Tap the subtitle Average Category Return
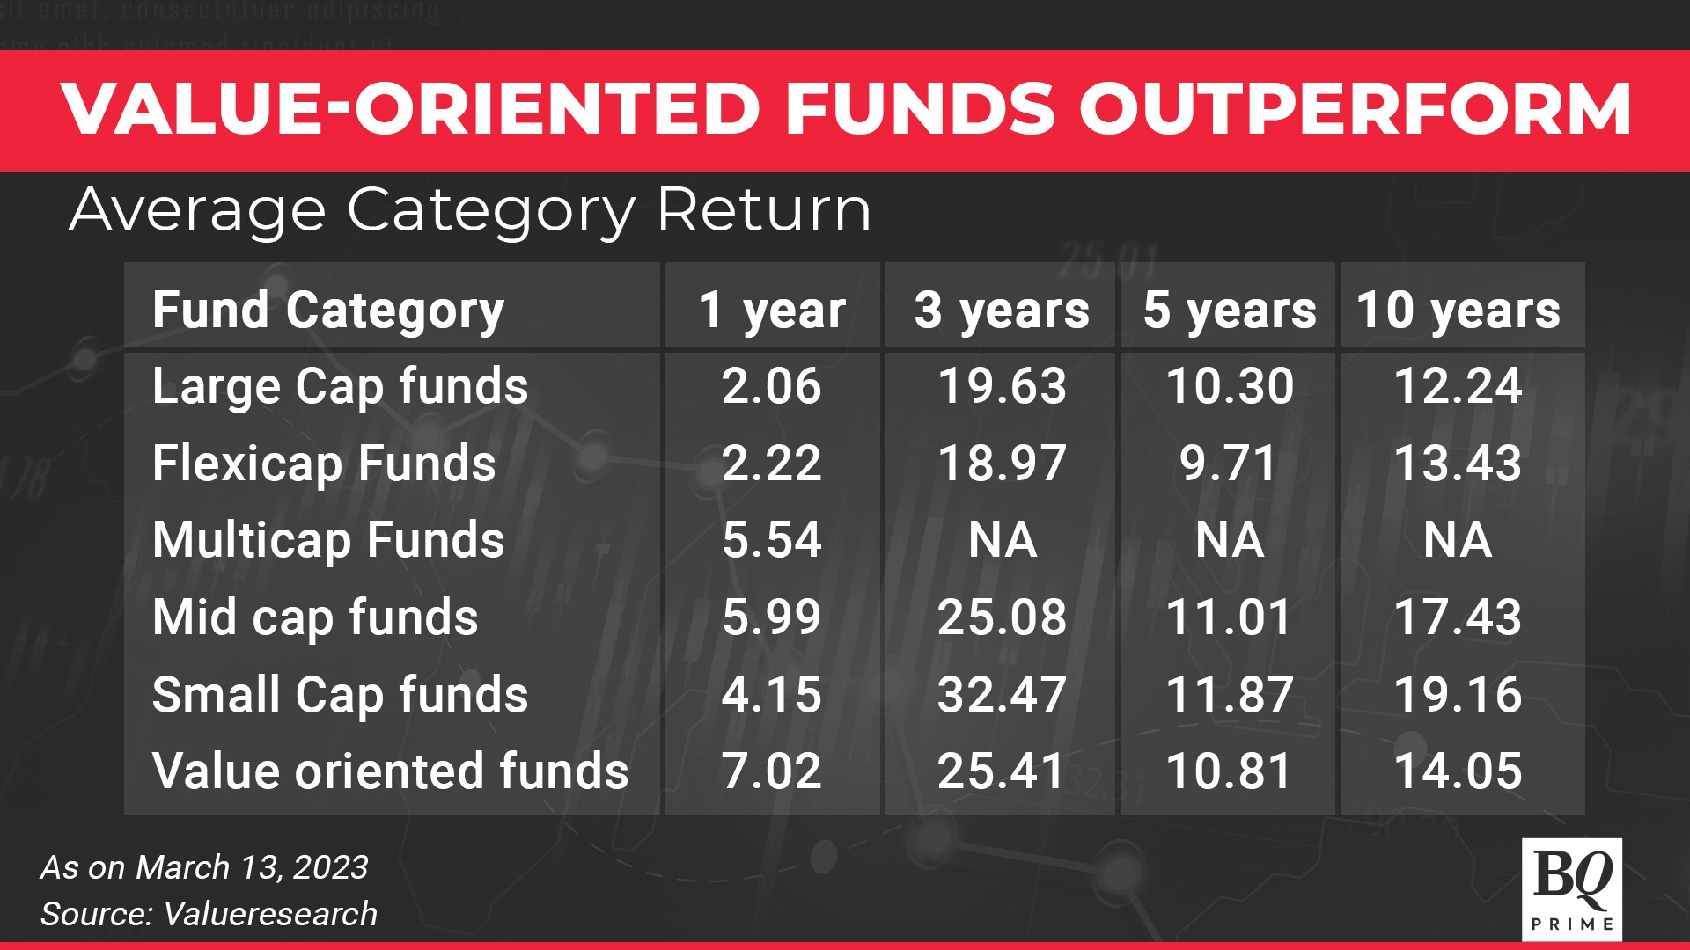[x=470, y=211]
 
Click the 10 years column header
[x=1459, y=311]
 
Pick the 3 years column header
[x=1002, y=311]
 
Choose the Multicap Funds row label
[x=328, y=540]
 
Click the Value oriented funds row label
[x=390, y=771]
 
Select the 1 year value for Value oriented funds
[x=772, y=771]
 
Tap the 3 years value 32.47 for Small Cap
[x=1002, y=695]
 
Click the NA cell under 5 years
[x=1230, y=540]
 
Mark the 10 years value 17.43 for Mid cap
[x=1459, y=617]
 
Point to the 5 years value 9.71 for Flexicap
[x=1229, y=464]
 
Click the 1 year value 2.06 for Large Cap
[x=772, y=386]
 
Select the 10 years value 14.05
[x=1459, y=771]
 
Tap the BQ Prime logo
[x=1572, y=889]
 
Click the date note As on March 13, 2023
[x=204, y=868]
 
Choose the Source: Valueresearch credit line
[x=209, y=915]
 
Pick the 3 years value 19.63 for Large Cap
[x=1002, y=386]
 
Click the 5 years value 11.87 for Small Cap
[x=1230, y=695]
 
